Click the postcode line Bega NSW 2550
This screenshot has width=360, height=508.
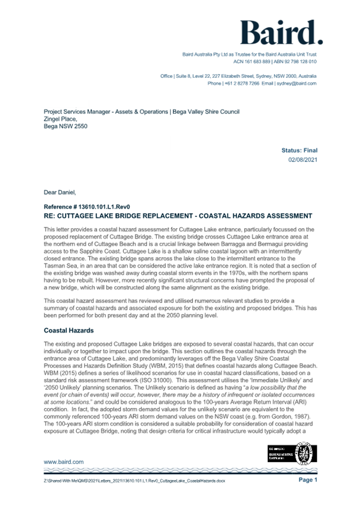65,127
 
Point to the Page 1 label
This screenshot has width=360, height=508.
308,480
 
